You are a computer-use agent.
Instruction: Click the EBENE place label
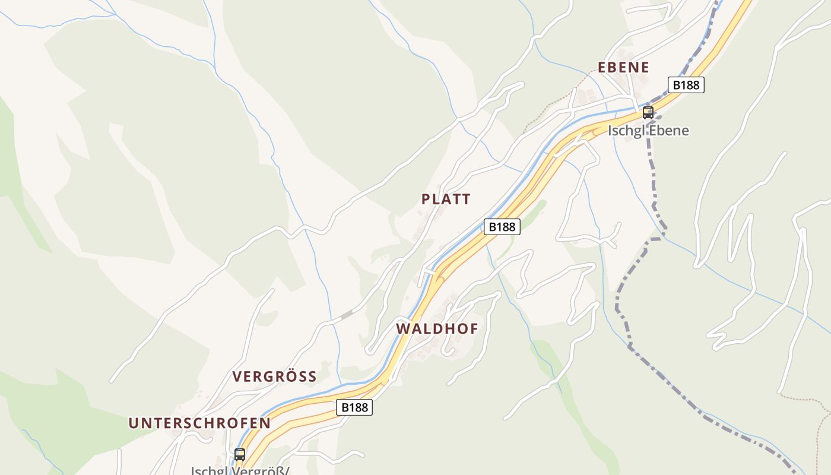pyautogui.click(x=623, y=67)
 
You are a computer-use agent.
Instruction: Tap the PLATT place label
pyautogui.click(x=446, y=199)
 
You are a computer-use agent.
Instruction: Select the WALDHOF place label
pyautogui.click(x=437, y=328)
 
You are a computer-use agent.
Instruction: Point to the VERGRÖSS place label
pyautogui.click(x=274, y=376)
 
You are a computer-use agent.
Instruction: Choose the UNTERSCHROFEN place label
pyautogui.click(x=199, y=423)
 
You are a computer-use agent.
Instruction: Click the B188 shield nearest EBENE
pyautogui.click(x=686, y=85)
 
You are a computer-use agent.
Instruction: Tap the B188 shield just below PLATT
pyautogui.click(x=502, y=227)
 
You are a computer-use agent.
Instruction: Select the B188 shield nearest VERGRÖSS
pyautogui.click(x=354, y=407)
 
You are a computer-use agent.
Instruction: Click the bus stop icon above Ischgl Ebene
pyautogui.click(x=648, y=112)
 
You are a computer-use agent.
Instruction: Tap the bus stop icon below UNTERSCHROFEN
pyautogui.click(x=240, y=455)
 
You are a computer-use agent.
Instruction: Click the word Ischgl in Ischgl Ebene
pyautogui.click(x=626, y=131)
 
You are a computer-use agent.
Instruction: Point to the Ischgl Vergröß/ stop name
pyautogui.click(x=240, y=471)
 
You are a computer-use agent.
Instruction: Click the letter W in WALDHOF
pyautogui.click(x=402, y=328)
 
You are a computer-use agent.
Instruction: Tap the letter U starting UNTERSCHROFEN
pyautogui.click(x=134, y=423)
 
